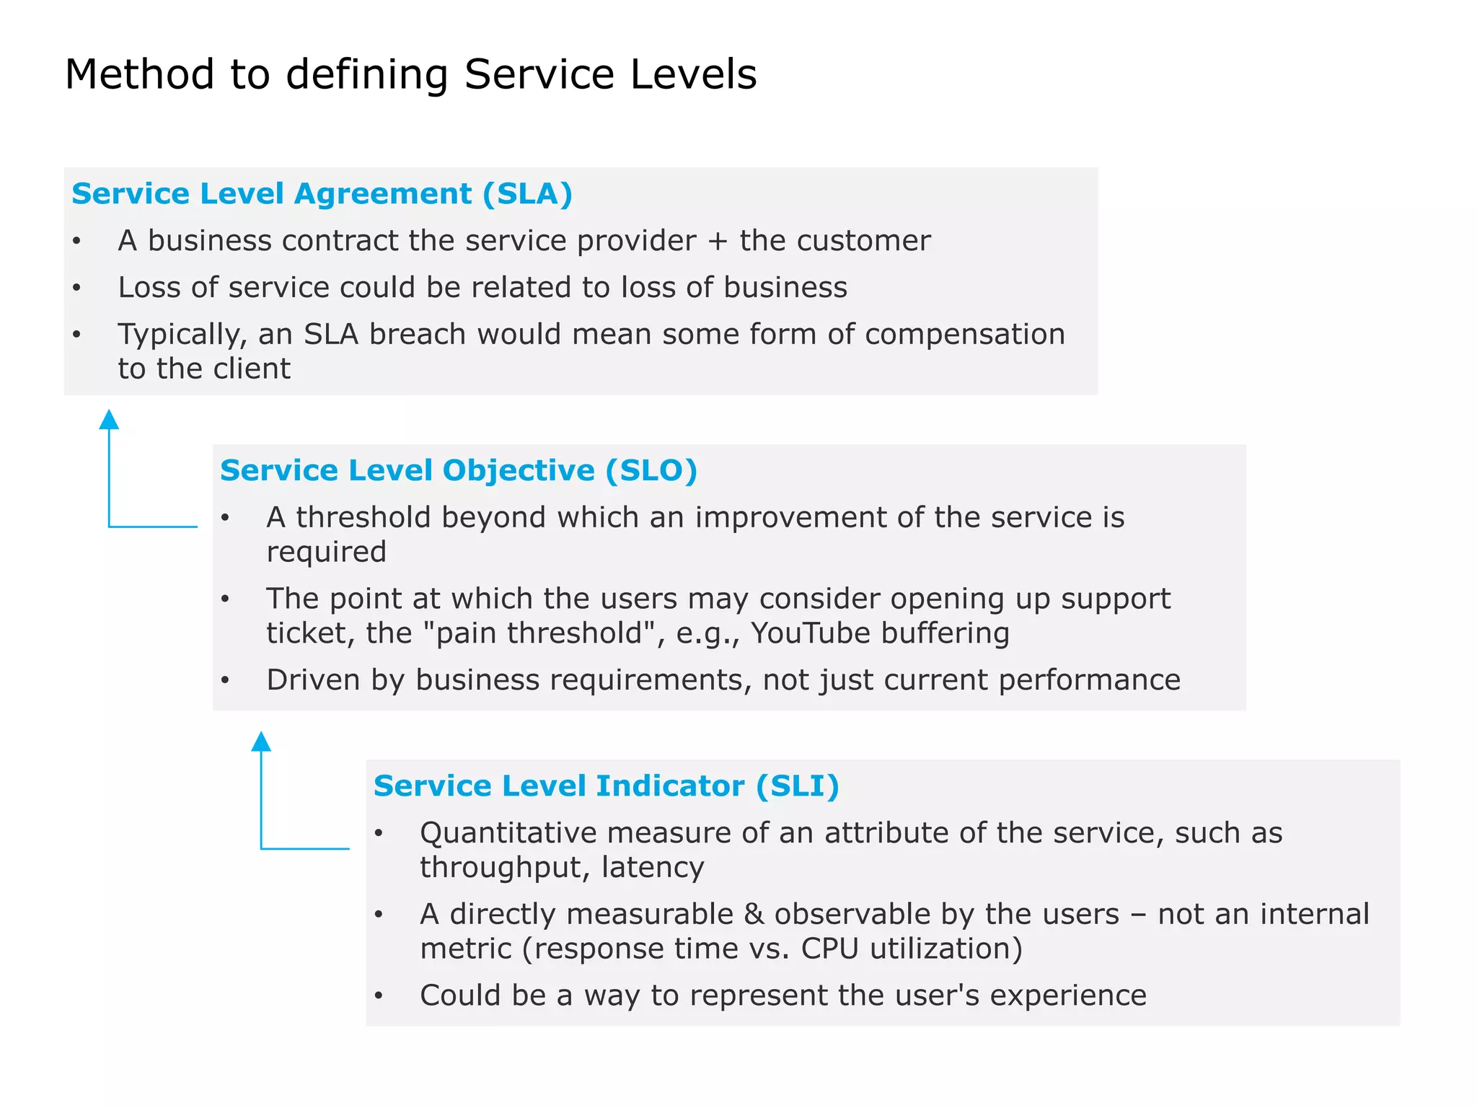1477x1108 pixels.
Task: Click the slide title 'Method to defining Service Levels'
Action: pyautogui.click(x=410, y=74)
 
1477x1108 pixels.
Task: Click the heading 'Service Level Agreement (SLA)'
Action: pyautogui.click(x=322, y=194)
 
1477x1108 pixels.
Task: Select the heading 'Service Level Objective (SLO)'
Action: pyautogui.click(x=459, y=470)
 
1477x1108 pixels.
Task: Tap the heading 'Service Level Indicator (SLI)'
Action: pyautogui.click(x=607, y=786)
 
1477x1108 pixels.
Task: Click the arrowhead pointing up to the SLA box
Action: pyautogui.click(x=109, y=419)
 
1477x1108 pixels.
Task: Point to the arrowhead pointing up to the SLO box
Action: pyautogui.click(x=261, y=741)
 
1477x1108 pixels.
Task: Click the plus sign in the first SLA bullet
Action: pyautogui.click(x=717, y=241)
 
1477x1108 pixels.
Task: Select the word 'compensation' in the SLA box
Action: pyautogui.click(x=964, y=334)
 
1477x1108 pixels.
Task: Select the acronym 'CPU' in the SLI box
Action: pyautogui.click(x=829, y=949)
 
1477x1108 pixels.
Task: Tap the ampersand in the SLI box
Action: pyautogui.click(x=754, y=914)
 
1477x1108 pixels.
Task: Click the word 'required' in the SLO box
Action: pyautogui.click(x=326, y=553)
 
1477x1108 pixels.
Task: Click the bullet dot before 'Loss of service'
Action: pyautogui.click(x=77, y=289)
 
